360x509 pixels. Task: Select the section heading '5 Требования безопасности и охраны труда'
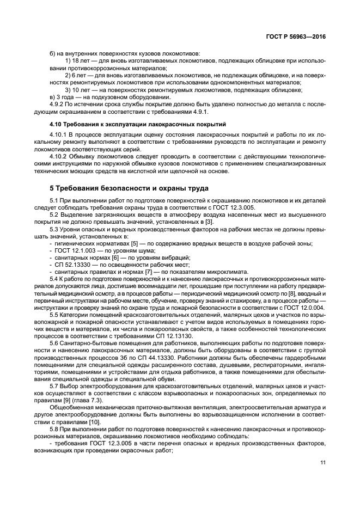pos(129,188)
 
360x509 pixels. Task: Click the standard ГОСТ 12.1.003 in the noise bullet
pos(75,250)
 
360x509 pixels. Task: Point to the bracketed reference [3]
pos(209,222)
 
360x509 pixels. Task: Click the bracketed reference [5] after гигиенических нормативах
pos(131,243)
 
